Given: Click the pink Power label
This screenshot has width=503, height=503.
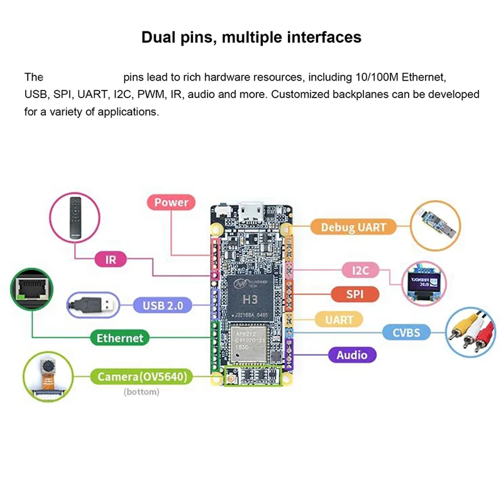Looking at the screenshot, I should [171, 202].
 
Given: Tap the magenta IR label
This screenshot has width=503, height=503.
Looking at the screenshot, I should [111, 258].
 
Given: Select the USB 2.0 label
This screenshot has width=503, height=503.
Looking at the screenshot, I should [162, 306].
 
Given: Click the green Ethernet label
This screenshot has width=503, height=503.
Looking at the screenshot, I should [119, 338].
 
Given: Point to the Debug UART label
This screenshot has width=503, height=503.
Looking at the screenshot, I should [353, 227].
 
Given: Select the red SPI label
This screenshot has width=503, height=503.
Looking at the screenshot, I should [354, 294].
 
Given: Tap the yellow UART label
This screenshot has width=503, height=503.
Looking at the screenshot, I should [339, 320].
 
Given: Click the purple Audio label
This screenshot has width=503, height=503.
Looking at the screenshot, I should [351, 355].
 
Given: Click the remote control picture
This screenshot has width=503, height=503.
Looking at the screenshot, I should [75, 216].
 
